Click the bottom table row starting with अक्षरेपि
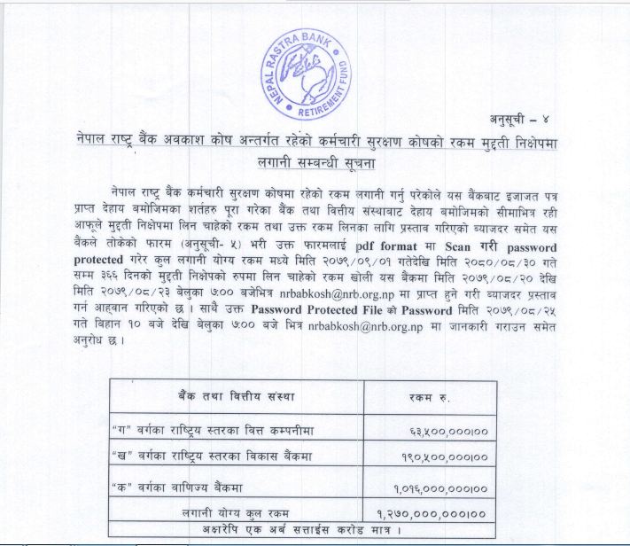pos(301,531)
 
